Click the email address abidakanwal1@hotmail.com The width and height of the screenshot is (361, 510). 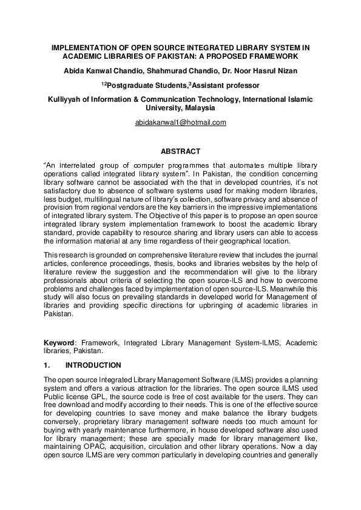[180, 122]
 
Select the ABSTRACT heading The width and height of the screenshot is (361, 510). [180, 151]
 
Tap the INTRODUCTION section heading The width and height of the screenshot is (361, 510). [93, 365]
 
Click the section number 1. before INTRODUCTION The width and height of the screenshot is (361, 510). [47, 365]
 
